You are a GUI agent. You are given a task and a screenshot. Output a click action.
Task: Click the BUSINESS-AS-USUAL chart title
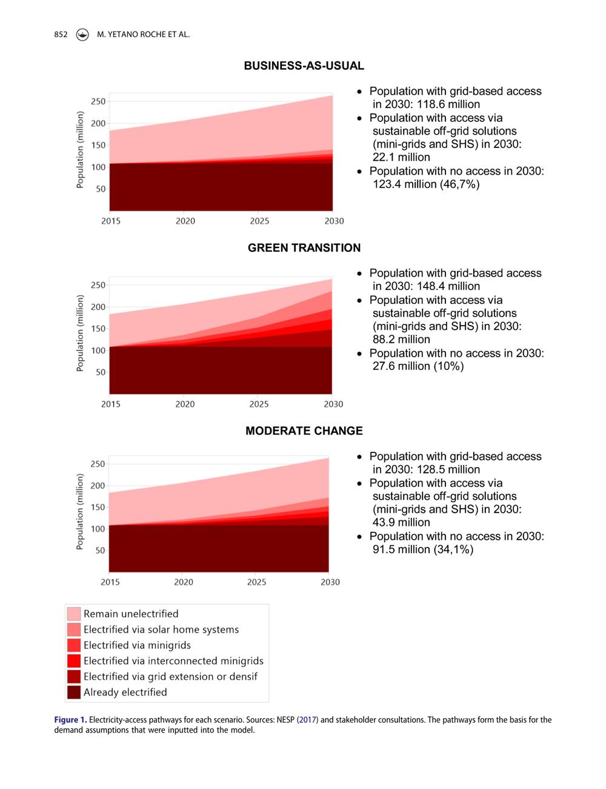click(x=304, y=65)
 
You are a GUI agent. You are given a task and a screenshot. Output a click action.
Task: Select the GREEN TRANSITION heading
click(x=304, y=247)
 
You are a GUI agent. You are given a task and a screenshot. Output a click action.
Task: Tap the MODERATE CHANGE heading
click(x=304, y=431)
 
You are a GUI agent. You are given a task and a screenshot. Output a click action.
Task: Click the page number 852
click(x=61, y=35)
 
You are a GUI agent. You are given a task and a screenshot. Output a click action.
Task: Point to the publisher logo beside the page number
click(x=82, y=35)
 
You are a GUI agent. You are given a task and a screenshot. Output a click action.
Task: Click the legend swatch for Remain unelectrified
click(x=73, y=614)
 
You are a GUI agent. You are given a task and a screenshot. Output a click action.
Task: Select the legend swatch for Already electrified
click(x=73, y=692)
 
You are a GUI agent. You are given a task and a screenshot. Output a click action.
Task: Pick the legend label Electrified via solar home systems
click(x=161, y=630)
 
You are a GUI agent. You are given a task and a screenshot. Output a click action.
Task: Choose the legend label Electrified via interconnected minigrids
click(x=173, y=661)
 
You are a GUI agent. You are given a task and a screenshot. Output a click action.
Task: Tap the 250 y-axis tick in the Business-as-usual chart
click(x=98, y=101)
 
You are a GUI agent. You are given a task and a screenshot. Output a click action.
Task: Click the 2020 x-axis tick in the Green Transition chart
click(x=185, y=404)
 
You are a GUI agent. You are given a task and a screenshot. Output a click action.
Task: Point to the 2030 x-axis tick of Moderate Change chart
click(x=330, y=582)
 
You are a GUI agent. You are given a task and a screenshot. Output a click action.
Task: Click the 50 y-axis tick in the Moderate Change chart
click(x=100, y=551)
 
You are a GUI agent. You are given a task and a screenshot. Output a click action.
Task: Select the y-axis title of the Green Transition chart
click(x=80, y=333)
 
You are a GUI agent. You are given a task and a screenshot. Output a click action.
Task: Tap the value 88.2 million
click(x=401, y=339)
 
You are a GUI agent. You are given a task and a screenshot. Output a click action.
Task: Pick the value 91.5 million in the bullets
click(x=401, y=549)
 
